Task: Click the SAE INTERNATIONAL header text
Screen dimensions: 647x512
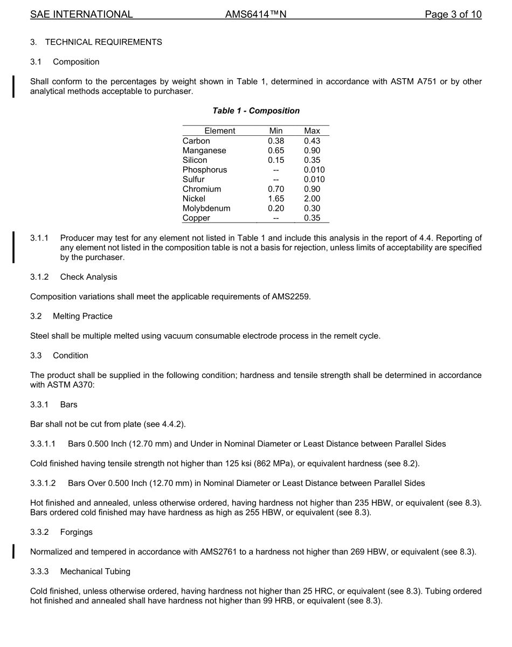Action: pos(81,15)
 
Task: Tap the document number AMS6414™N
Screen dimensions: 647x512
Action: pos(255,15)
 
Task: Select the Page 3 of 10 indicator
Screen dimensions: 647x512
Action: pos(453,15)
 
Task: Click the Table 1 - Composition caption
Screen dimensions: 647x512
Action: pos(256,111)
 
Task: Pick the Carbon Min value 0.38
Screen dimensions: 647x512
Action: pos(276,141)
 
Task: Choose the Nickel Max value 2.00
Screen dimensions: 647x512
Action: pos(312,198)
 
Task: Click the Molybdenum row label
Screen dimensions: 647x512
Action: pos(206,208)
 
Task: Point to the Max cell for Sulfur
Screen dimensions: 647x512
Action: pos(314,179)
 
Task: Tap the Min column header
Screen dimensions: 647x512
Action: pos(276,130)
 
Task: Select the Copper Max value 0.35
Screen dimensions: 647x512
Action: pos(312,218)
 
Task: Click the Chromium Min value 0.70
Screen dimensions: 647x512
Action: pos(276,189)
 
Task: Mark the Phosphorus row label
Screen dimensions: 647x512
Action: pos(205,169)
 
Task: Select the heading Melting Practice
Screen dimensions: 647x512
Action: pos(82,316)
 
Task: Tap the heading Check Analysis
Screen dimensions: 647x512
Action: pos(88,277)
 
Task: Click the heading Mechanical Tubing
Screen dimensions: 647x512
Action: pos(95,571)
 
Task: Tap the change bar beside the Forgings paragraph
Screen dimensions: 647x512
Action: pos(14,551)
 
